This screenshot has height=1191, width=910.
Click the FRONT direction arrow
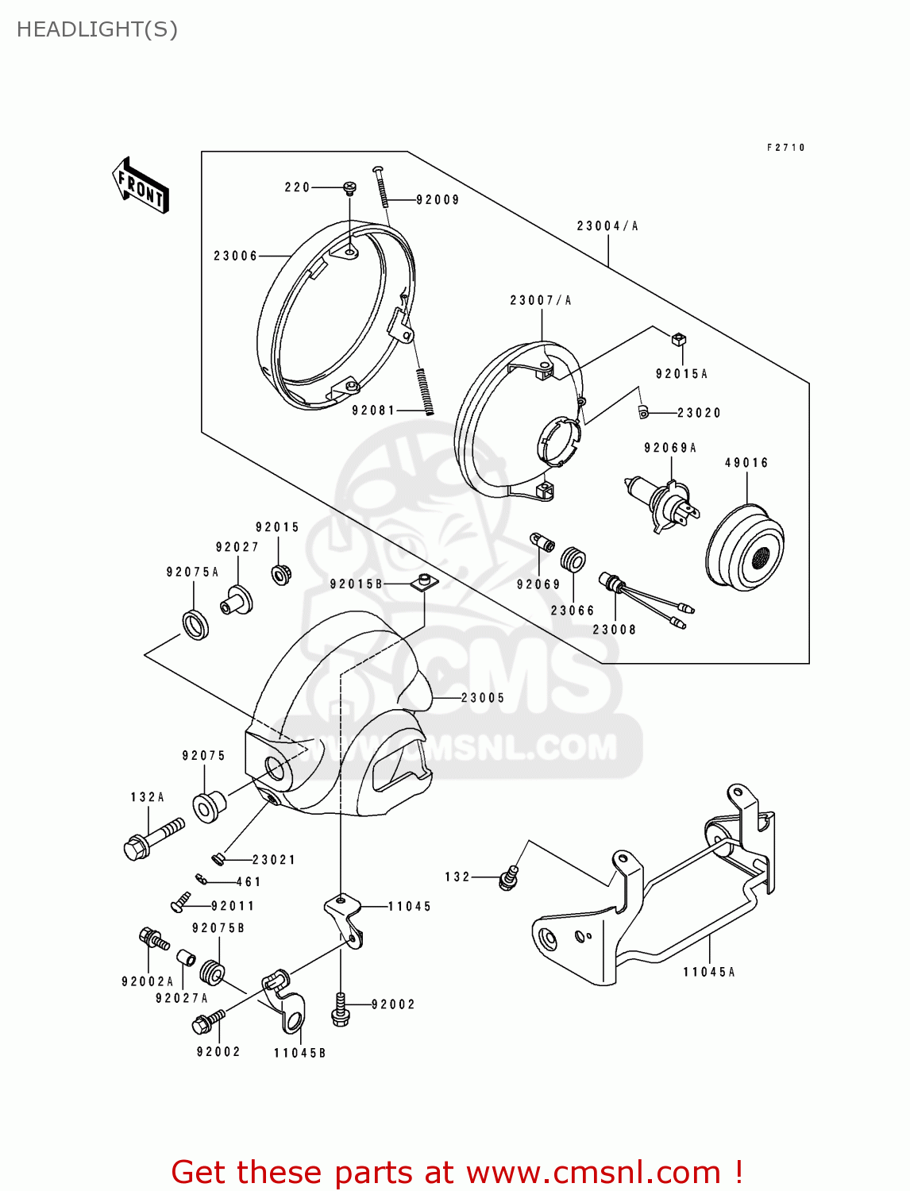click(x=141, y=186)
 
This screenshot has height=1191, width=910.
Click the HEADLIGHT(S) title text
click(x=97, y=29)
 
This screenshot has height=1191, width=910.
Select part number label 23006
click(x=235, y=256)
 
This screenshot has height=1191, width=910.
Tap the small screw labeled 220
click(x=349, y=187)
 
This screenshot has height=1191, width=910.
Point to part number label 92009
click(x=438, y=200)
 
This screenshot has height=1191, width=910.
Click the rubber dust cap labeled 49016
click(x=745, y=547)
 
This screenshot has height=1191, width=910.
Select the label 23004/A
click(x=607, y=226)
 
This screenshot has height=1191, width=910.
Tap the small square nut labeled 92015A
click(x=678, y=340)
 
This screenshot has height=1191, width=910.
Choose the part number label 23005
click(x=483, y=698)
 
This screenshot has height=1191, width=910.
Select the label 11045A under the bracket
click(x=709, y=972)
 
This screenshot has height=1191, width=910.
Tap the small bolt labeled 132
click(x=508, y=877)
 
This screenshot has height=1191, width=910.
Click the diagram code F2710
click(x=785, y=148)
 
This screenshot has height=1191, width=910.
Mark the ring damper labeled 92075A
click(x=195, y=623)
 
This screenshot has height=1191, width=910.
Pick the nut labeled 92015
click(x=280, y=572)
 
